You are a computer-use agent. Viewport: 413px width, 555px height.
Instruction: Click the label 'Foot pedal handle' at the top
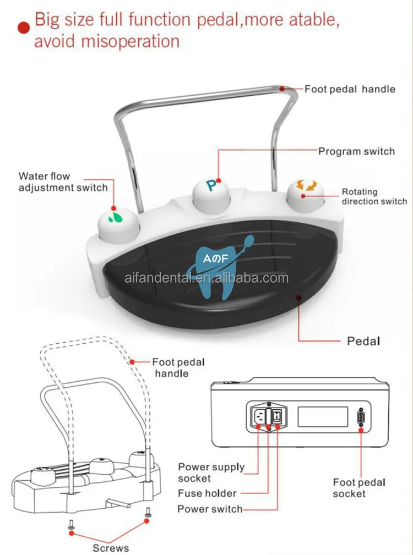(350, 89)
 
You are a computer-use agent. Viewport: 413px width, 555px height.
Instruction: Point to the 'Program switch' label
(356, 151)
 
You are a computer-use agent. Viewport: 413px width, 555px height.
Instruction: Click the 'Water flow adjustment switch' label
(63, 182)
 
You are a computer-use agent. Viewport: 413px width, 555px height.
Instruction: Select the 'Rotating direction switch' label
(374, 196)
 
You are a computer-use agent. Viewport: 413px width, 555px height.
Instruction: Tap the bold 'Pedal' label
(363, 341)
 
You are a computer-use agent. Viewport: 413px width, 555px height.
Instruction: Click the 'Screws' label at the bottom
(111, 548)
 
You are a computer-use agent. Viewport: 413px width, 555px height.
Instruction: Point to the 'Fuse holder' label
(207, 493)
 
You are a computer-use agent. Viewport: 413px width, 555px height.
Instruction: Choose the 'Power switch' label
(210, 509)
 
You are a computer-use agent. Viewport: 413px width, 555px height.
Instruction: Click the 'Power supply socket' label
(211, 472)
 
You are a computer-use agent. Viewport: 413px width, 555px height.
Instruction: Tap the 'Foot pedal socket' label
(359, 488)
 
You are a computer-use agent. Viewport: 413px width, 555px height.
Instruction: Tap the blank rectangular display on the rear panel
(323, 417)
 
